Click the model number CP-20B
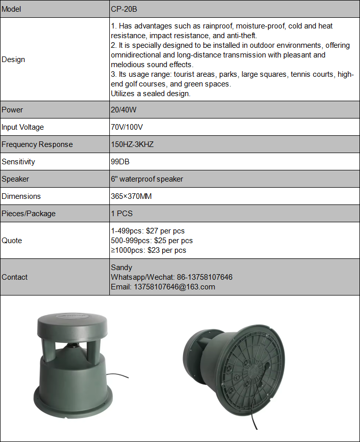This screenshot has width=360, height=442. (124, 9)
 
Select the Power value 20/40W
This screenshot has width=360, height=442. (124, 110)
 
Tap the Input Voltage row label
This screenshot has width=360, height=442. (23, 127)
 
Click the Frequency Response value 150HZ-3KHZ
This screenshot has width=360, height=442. (132, 144)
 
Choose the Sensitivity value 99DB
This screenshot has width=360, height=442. (121, 162)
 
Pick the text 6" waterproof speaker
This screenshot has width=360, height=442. (147, 179)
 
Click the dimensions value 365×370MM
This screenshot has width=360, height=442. (131, 196)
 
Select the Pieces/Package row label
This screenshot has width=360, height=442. (28, 214)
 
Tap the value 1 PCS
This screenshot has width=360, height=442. (122, 214)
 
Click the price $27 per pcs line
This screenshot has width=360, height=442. (147, 231)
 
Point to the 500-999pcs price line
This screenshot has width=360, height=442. (152, 241)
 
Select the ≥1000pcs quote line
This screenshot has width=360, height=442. (148, 250)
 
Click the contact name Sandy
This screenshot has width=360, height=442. (122, 268)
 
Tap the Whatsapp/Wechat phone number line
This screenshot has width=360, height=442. (171, 277)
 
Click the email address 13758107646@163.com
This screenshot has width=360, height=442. (163, 287)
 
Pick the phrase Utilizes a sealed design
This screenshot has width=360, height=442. (151, 94)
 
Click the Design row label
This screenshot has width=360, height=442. (13, 60)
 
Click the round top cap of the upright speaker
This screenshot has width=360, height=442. (73, 323)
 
